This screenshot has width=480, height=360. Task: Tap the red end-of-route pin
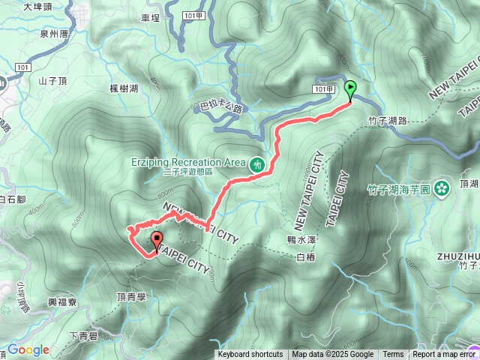pos(157,241)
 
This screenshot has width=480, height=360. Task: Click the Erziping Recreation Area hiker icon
pos(258,163)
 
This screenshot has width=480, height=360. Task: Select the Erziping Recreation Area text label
pos(187,162)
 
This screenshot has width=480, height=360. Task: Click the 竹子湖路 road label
pos(388,120)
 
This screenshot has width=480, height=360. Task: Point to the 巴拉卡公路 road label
pos(222,108)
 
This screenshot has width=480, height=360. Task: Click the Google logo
pos(28,349)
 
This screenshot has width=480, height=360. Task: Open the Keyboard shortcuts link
pos(250,355)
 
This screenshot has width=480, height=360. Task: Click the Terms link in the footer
pos(393,355)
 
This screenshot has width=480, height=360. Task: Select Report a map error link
pos(445,355)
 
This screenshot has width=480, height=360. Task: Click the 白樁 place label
pos(306,257)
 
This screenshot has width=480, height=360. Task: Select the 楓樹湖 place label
pos(124,88)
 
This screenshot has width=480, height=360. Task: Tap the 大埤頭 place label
pos(38,7)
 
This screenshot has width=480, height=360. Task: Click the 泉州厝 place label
pos(54,34)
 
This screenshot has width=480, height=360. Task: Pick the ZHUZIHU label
pos(457,255)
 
